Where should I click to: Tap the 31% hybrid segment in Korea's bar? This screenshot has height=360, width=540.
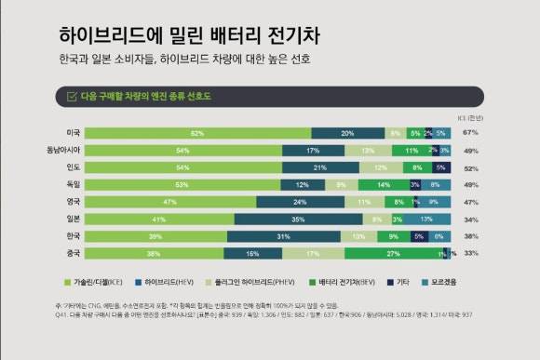(x=281, y=236)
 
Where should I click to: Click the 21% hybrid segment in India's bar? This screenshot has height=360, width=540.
(x=319, y=167)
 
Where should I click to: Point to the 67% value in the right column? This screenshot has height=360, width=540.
(x=470, y=133)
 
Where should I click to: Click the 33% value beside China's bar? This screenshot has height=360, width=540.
(x=470, y=253)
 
